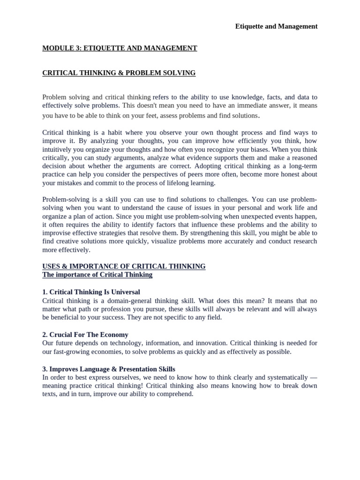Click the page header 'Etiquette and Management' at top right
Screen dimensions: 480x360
(x=276, y=26)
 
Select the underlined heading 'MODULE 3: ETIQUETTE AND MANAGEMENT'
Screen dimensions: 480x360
(x=120, y=48)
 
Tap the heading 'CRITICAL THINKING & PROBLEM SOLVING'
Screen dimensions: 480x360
(x=119, y=73)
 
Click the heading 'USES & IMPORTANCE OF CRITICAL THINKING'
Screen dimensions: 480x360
(x=124, y=266)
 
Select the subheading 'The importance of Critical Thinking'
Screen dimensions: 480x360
(x=97, y=275)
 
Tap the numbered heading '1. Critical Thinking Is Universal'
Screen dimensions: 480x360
(x=91, y=292)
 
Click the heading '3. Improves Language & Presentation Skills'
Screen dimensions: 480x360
(x=108, y=369)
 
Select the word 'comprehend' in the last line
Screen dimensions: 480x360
(x=175, y=394)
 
